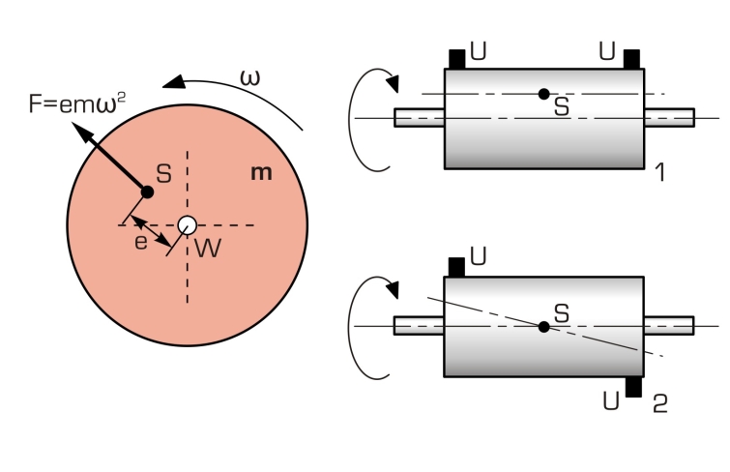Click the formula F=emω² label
click(77, 103)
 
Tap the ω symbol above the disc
click(250, 77)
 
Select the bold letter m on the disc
click(261, 173)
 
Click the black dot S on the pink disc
click(147, 192)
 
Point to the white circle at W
click(188, 225)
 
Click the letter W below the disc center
click(208, 248)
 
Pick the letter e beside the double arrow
click(140, 243)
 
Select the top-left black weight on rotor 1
click(457, 60)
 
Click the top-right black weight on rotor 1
click(631, 60)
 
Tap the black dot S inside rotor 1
click(543, 94)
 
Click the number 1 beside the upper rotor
click(660, 172)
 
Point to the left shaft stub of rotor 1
click(420, 118)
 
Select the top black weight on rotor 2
click(456, 268)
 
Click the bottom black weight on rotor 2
click(633, 387)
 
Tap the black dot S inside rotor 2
click(543, 327)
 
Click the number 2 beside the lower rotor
click(660, 404)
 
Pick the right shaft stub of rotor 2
click(669, 326)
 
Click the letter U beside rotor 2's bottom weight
click(611, 400)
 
